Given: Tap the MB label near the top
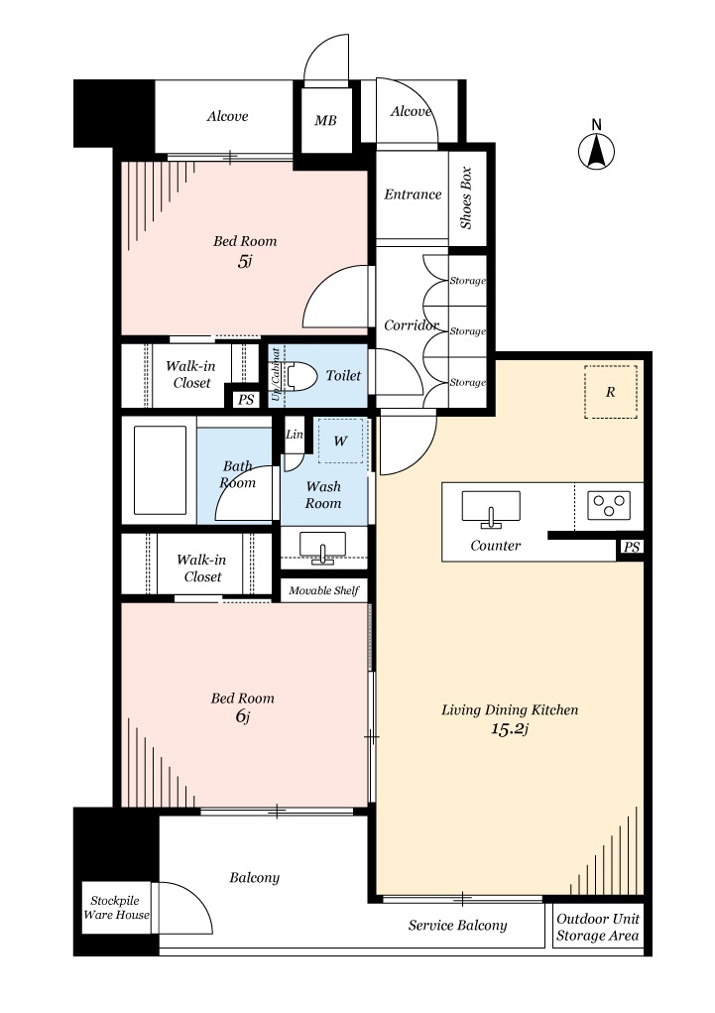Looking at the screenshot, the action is (325, 121).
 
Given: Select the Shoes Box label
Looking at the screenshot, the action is (466, 198).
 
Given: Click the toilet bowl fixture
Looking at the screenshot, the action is (301, 376).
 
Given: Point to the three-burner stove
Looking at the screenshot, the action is (609, 505).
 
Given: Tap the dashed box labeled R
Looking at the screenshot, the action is (610, 392).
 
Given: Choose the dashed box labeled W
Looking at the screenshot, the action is (340, 441).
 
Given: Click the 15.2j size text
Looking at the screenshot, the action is (511, 729).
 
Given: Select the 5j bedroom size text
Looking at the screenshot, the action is (244, 262).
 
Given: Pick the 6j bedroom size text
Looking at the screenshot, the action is (243, 716).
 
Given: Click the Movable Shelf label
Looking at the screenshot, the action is (323, 590).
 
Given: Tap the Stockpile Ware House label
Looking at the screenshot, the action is (116, 907).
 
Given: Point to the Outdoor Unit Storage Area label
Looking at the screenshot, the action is (598, 927).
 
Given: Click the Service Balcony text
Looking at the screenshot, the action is (457, 926).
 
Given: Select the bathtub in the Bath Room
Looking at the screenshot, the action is (160, 470).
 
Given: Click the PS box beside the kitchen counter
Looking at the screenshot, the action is (631, 548).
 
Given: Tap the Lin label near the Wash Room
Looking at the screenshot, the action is (295, 435).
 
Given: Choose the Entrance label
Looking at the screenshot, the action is (413, 194).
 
